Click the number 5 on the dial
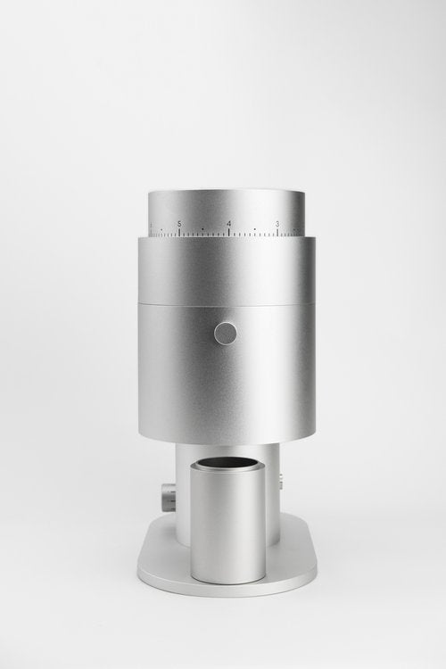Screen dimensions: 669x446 tap(179, 223)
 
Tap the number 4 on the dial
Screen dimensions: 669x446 tap(229, 223)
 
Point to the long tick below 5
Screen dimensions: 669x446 tap(179, 234)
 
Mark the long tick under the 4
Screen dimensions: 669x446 tap(229, 234)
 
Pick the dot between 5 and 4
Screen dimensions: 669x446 tap(204, 229)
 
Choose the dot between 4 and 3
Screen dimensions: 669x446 tap(254, 229)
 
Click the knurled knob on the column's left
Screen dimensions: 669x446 tap(168, 492)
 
